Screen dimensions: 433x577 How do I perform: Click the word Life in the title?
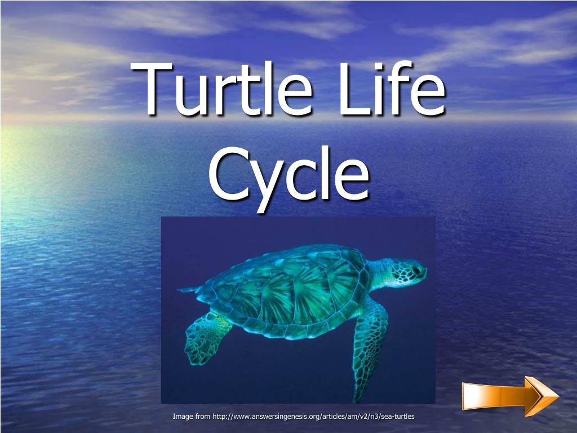pos(395,90)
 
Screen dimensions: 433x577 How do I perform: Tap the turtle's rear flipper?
pos(206,338)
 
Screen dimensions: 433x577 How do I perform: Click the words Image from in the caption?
pos(191,417)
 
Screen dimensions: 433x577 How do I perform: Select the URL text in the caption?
pos(313,417)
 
